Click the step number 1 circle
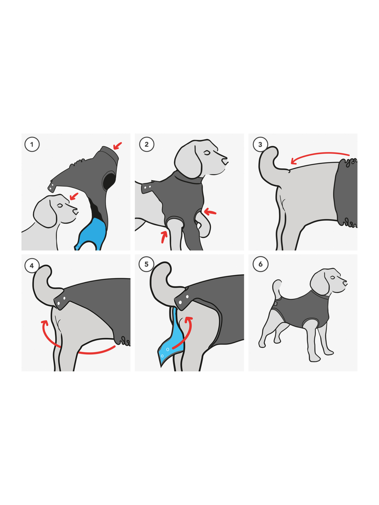tap(32, 145)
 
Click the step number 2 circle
tap(147, 145)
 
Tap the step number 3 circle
tap(260, 145)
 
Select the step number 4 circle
tap(32, 266)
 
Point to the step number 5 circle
tap(146, 264)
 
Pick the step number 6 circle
tap(261, 264)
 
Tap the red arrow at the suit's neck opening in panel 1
tap(118, 146)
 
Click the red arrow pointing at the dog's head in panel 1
tap(74, 196)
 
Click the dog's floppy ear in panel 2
tap(188, 162)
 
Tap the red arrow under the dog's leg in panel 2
tap(164, 237)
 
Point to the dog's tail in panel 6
tap(277, 289)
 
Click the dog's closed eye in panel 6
tap(332, 277)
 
